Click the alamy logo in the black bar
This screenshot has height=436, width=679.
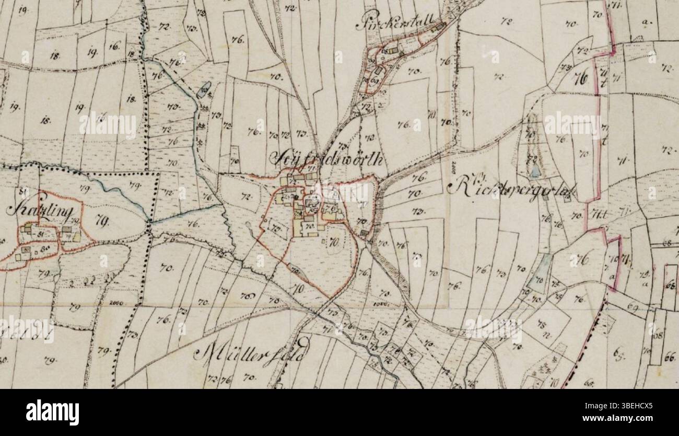point(52,412)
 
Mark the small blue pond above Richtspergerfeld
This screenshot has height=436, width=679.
point(535,171)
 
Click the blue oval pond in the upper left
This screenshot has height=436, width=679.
point(204,89)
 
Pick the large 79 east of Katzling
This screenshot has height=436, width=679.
point(102,223)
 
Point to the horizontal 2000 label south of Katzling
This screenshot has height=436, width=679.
point(116,303)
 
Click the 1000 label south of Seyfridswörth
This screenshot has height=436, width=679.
point(382,303)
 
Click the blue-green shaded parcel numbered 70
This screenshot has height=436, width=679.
point(538,281)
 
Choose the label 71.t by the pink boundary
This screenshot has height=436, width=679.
point(595,212)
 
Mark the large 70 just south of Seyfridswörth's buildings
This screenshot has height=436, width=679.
point(334,242)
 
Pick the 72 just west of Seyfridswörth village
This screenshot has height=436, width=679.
point(246,197)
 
